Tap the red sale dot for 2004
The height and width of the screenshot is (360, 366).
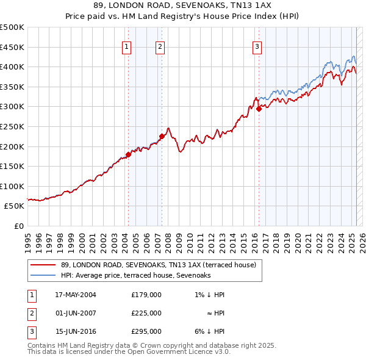(129, 154)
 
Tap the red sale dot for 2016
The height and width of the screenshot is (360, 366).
(259, 109)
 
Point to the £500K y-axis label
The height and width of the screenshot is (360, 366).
(12, 27)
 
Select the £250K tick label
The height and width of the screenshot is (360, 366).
(12, 126)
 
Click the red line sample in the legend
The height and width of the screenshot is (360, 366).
(43, 265)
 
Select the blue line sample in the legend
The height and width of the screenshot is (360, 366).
(43, 275)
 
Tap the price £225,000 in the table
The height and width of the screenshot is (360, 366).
(146, 313)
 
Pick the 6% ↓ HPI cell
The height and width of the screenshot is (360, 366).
(209, 331)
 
